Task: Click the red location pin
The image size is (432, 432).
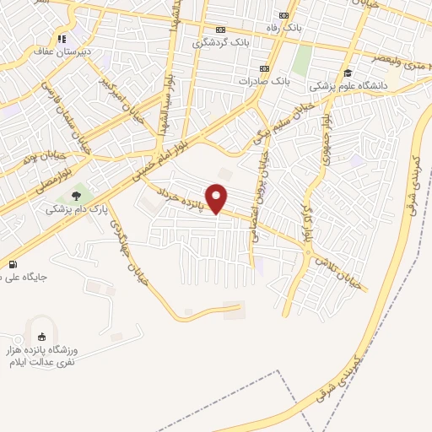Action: [217, 197]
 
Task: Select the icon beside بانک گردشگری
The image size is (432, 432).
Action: [221, 30]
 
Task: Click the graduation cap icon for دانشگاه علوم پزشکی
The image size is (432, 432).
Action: [347, 73]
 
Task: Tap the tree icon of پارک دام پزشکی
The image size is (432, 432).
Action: [77, 195]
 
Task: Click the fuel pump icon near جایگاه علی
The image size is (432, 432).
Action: [11, 263]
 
